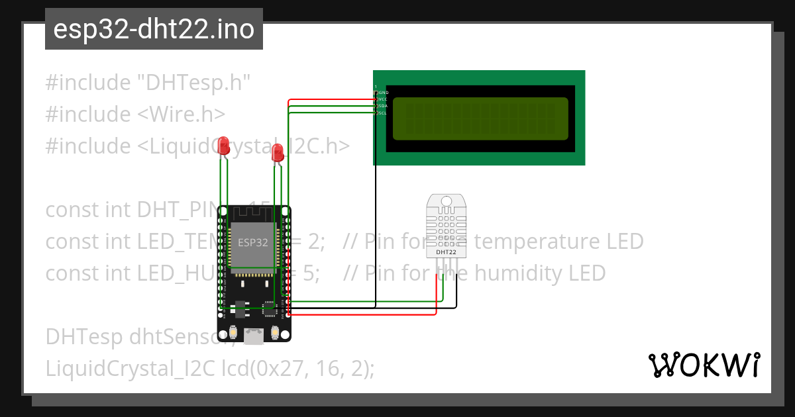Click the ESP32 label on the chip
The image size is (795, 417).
[x=253, y=242]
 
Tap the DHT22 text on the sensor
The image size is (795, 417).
[x=446, y=252]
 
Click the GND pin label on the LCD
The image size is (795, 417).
[x=383, y=92]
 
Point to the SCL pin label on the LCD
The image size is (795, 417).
[x=383, y=113]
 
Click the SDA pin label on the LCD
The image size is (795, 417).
[x=383, y=106]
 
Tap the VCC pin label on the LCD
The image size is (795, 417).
[x=383, y=99]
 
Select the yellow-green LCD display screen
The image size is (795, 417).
[x=480, y=119]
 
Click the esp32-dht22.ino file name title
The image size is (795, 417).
[x=154, y=30]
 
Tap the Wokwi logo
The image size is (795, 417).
[x=704, y=365]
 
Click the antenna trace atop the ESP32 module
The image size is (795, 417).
[x=253, y=214]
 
